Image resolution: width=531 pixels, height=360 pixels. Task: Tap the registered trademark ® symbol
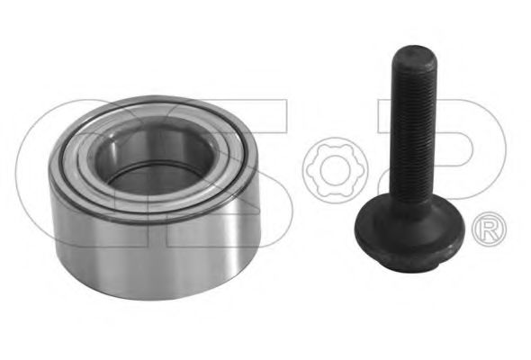tap(490, 228)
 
